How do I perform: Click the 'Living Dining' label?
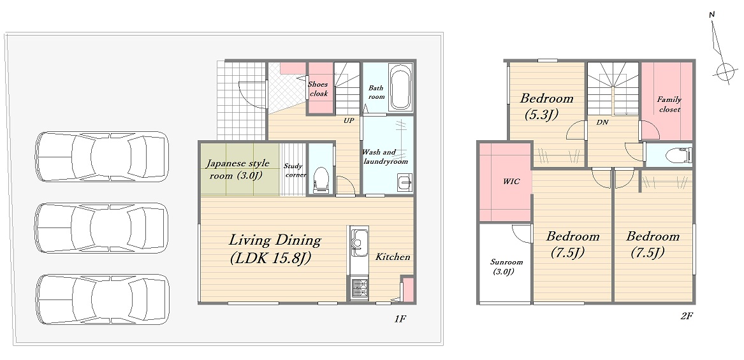(275, 240)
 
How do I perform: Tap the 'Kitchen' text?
(393, 257)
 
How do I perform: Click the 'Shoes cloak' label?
(318, 89)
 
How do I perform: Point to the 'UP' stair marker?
(349, 121)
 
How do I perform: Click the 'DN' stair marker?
(602, 122)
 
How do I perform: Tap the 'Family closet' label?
(669, 104)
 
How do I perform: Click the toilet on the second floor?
(678, 155)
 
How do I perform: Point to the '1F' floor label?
(400, 318)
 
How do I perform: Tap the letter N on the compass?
(711, 15)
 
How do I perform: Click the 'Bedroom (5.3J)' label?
(546, 106)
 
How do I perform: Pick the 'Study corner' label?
(293, 170)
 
